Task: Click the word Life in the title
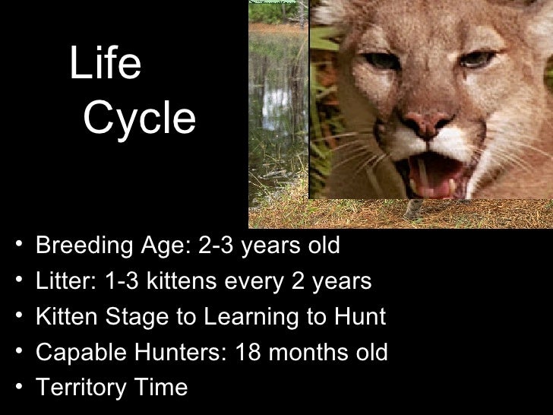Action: (105, 65)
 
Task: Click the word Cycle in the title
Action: (138, 119)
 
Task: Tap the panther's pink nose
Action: (426, 121)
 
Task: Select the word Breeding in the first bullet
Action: (79, 246)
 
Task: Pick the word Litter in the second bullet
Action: (58, 282)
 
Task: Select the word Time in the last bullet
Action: (160, 388)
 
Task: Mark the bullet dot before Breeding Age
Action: (17, 247)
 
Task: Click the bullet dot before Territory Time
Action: (17, 388)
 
